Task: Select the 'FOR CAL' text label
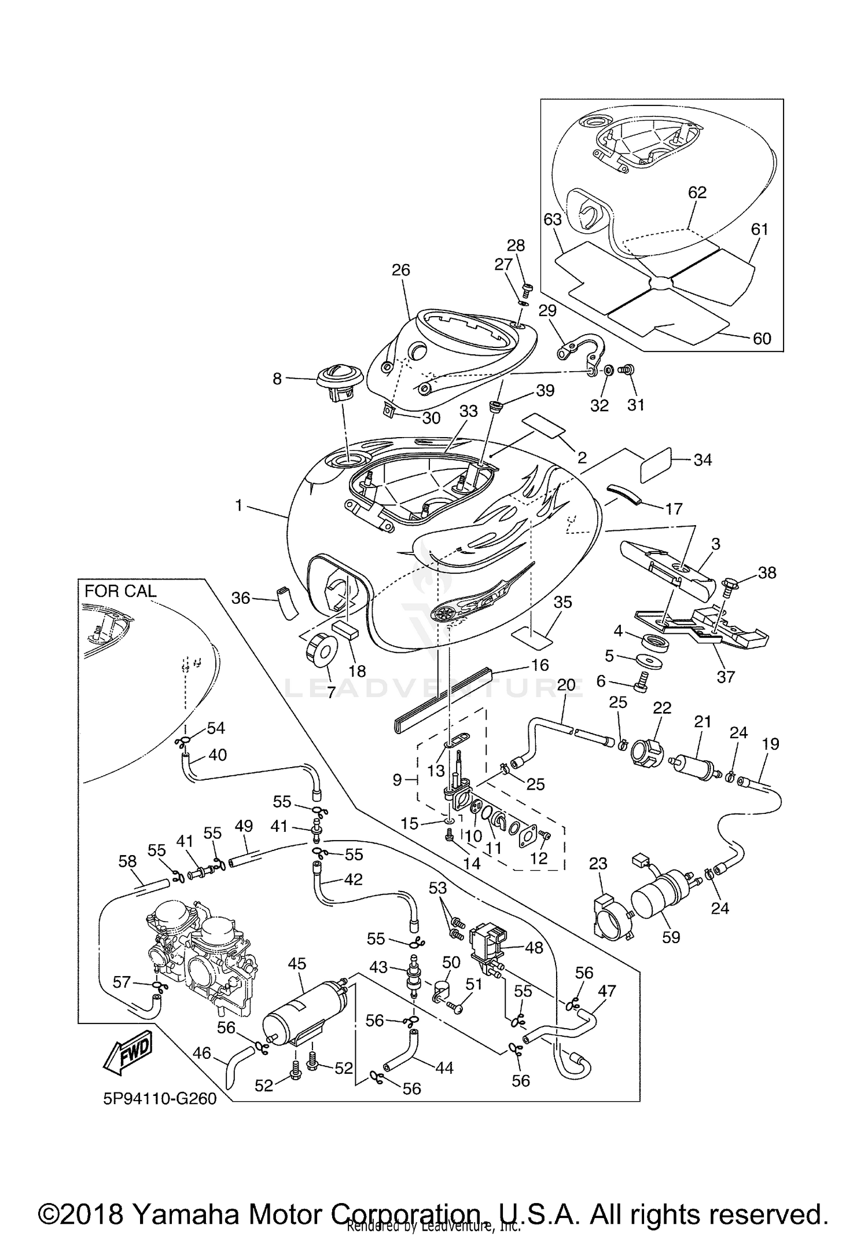[x=120, y=591]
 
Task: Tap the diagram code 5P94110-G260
[x=160, y=1115]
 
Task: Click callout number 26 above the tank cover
[x=400, y=270]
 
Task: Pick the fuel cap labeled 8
[x=340, y=383]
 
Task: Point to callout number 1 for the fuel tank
[x=238, y=505]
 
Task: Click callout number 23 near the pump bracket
[x=598, y=864]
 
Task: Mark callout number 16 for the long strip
[x=539, y=665]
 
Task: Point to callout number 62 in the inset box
[x=697, y=192]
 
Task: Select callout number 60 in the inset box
[x=762, y=338]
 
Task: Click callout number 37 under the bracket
[x=726, y=676]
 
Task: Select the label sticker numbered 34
[x=656, y=464]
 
